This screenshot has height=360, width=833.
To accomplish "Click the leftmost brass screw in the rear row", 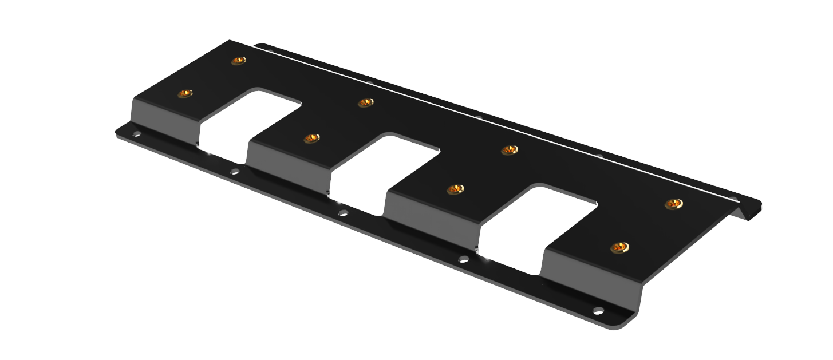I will coord(239,60).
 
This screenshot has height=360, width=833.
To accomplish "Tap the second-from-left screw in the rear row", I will coord(365,102).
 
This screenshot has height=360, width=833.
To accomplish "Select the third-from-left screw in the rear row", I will coord(509,150).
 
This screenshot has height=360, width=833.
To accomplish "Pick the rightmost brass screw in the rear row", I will coord(674,204).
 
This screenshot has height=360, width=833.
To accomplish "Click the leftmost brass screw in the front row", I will coord(185,93).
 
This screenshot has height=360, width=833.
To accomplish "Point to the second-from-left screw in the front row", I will coord(311,138).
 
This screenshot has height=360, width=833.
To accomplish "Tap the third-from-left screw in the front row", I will coord(455,189).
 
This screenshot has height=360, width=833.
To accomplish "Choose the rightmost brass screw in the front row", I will coord(620,247).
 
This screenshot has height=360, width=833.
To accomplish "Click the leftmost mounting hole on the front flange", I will coord(136,134).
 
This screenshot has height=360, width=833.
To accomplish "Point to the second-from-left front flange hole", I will coord(235,171).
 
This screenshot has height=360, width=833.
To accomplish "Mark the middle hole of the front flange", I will coord(343,213).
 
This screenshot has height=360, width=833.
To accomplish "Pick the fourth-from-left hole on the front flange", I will coord(464,259).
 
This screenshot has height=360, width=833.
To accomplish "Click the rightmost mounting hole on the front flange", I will coord(598,311).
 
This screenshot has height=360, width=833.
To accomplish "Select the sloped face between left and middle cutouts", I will coord(289,163).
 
